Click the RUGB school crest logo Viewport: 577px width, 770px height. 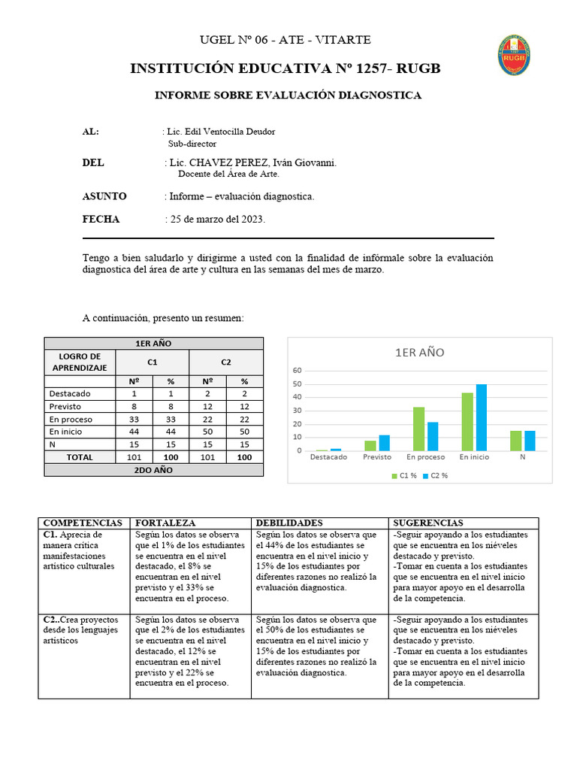click(x=514, y=55)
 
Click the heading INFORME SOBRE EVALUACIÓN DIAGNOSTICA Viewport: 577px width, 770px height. click(x=288, y=95)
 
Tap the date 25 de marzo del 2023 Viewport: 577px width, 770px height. click(x=217, y=220)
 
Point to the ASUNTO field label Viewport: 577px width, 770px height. click(x=104, y=196)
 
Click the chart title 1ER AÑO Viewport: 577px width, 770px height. click(x=419, y=353)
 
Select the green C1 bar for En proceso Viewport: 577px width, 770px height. click(x=419, y=429)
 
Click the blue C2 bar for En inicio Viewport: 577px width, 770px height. click(x=481, y=417)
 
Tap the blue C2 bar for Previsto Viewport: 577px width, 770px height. click(x=385, y=443)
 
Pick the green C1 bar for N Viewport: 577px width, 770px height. click(x=515, y=441)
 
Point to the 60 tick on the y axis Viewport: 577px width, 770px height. click(x=297, y=371)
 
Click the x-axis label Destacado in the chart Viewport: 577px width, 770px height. click(x=328, y=457)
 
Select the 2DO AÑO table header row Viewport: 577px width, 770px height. click(x=154, y=470)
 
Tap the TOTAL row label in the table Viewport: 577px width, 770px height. click(x=80, y=457)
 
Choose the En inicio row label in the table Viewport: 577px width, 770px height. click(x=66, y=432)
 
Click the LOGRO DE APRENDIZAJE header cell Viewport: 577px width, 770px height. click(x=80, y=362)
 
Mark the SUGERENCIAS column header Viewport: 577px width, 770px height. click(x=427, y=523)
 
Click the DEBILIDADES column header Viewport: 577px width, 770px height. click(x=290, y=523)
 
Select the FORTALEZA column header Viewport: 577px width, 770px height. click(x=165, y=523)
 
